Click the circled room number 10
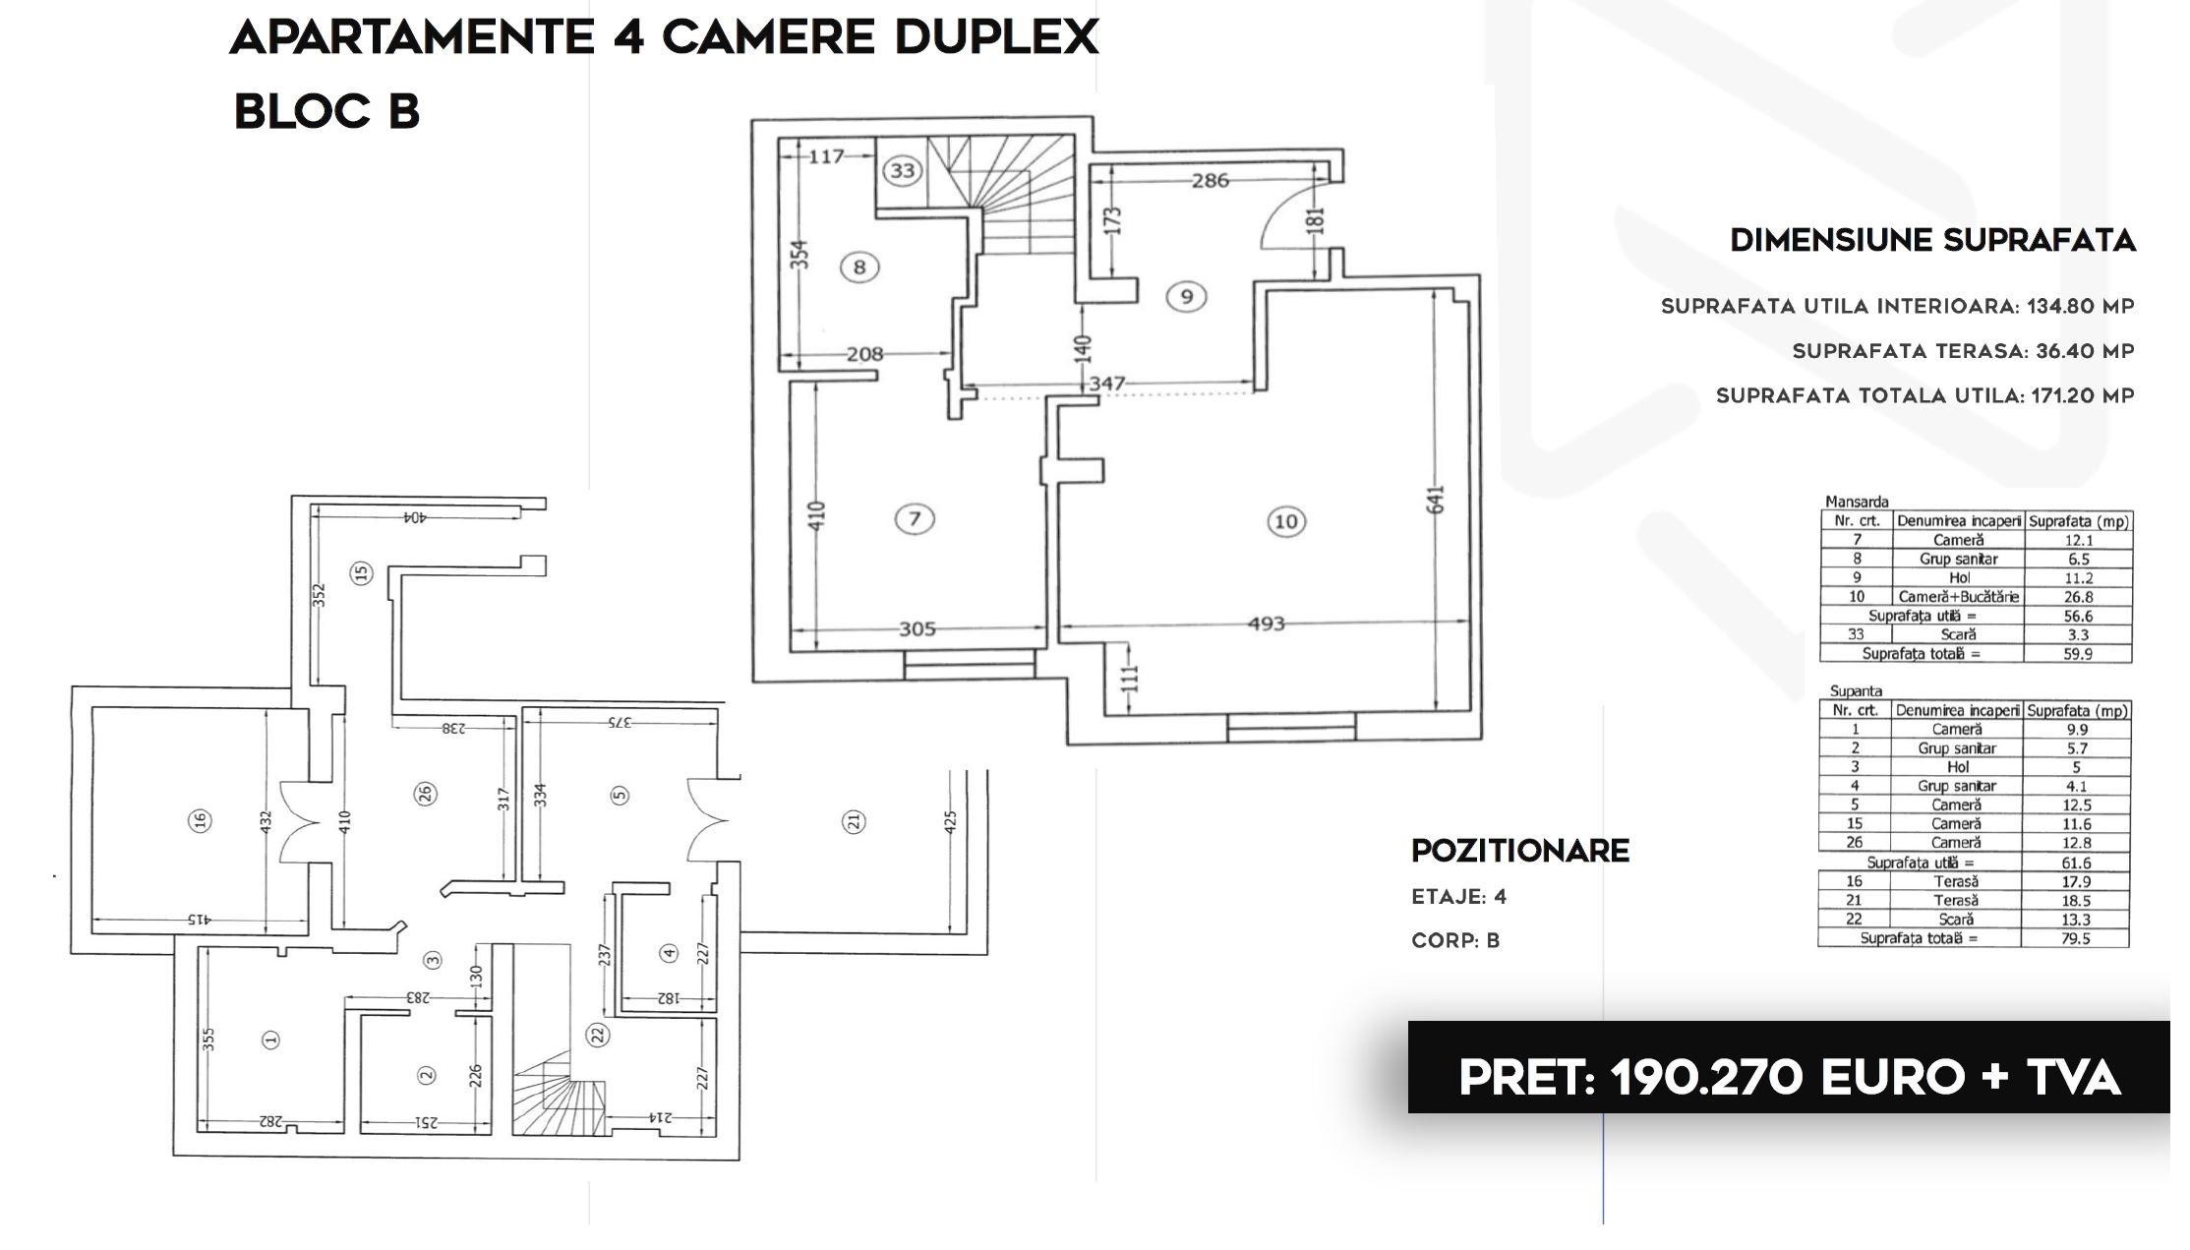pos(1286,521)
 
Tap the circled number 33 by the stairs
pos(902,171)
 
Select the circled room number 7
pos(915,518)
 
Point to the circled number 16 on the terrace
pos(200,820)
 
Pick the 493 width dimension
pos(1267,624)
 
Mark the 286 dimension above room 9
pos(1210,180)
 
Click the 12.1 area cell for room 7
pos(2078,540)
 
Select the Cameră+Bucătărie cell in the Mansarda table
pos(1958,597)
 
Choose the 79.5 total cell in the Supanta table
pos(2075,938)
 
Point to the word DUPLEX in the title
pos(996,37)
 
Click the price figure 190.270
pos(1707,1078)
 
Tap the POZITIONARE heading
pos(1520,851)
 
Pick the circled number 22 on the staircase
pos(598,1034)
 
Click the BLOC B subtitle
pos(326,111)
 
